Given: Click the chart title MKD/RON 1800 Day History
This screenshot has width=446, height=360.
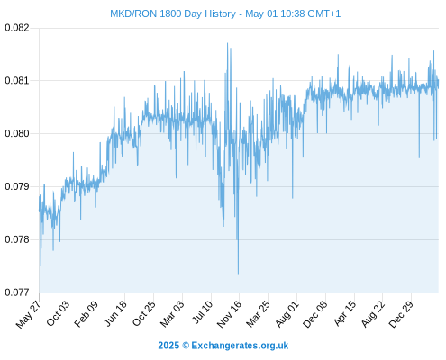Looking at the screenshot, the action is tap(173, 13).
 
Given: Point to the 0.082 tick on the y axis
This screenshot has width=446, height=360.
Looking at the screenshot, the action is tap(17, 28).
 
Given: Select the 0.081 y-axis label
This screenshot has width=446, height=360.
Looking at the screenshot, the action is tap(17, 81).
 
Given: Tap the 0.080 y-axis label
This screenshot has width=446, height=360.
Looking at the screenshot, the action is tap(17, 133).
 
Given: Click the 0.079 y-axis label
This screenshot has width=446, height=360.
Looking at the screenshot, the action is tap(17, 186).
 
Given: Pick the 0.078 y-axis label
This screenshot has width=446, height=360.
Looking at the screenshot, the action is tap(17, 239).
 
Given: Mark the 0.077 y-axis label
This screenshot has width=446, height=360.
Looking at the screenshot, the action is tap(17, 292).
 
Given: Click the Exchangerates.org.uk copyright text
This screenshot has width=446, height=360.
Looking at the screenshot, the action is tap(223, 346).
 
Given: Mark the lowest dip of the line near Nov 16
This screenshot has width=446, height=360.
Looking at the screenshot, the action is tap(238, 274).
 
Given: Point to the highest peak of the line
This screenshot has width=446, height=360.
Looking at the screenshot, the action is tap(227, 43).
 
